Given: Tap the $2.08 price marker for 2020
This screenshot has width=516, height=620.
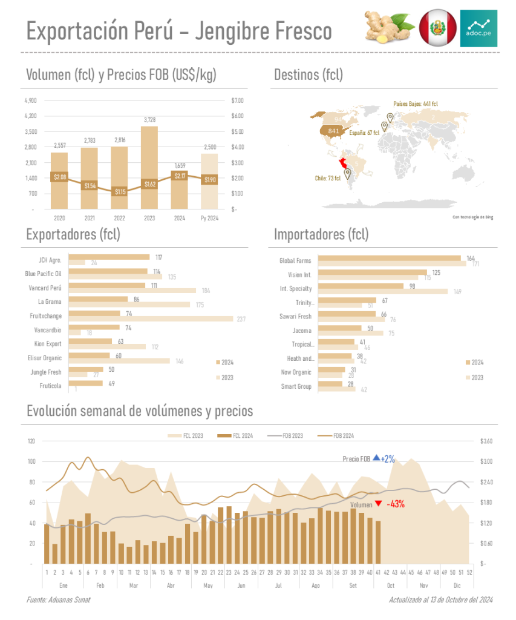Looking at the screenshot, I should click(x=59, y=177).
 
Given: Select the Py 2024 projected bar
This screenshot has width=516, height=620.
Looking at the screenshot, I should click(x=209, y=182).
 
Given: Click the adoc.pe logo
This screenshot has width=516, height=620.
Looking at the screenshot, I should click(x=478, y=28).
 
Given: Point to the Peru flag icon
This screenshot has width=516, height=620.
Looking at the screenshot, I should click(x=437, y=28).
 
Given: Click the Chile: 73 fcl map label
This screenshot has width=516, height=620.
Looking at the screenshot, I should click(x=327, y=179).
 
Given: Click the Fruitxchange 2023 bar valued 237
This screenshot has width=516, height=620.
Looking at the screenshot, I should click(x=151, y=318).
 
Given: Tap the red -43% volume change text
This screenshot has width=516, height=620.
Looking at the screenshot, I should click(x=396, y=504).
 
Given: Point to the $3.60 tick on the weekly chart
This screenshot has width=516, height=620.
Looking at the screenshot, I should click(x=487, y=441).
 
